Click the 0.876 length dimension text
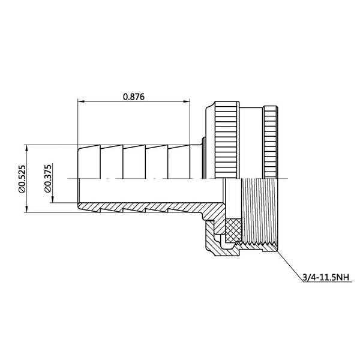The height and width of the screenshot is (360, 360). [x=134, y=95]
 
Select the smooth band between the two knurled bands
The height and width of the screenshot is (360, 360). [x=252, y=141]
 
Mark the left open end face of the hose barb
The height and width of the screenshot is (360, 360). [x=79, y=178]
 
